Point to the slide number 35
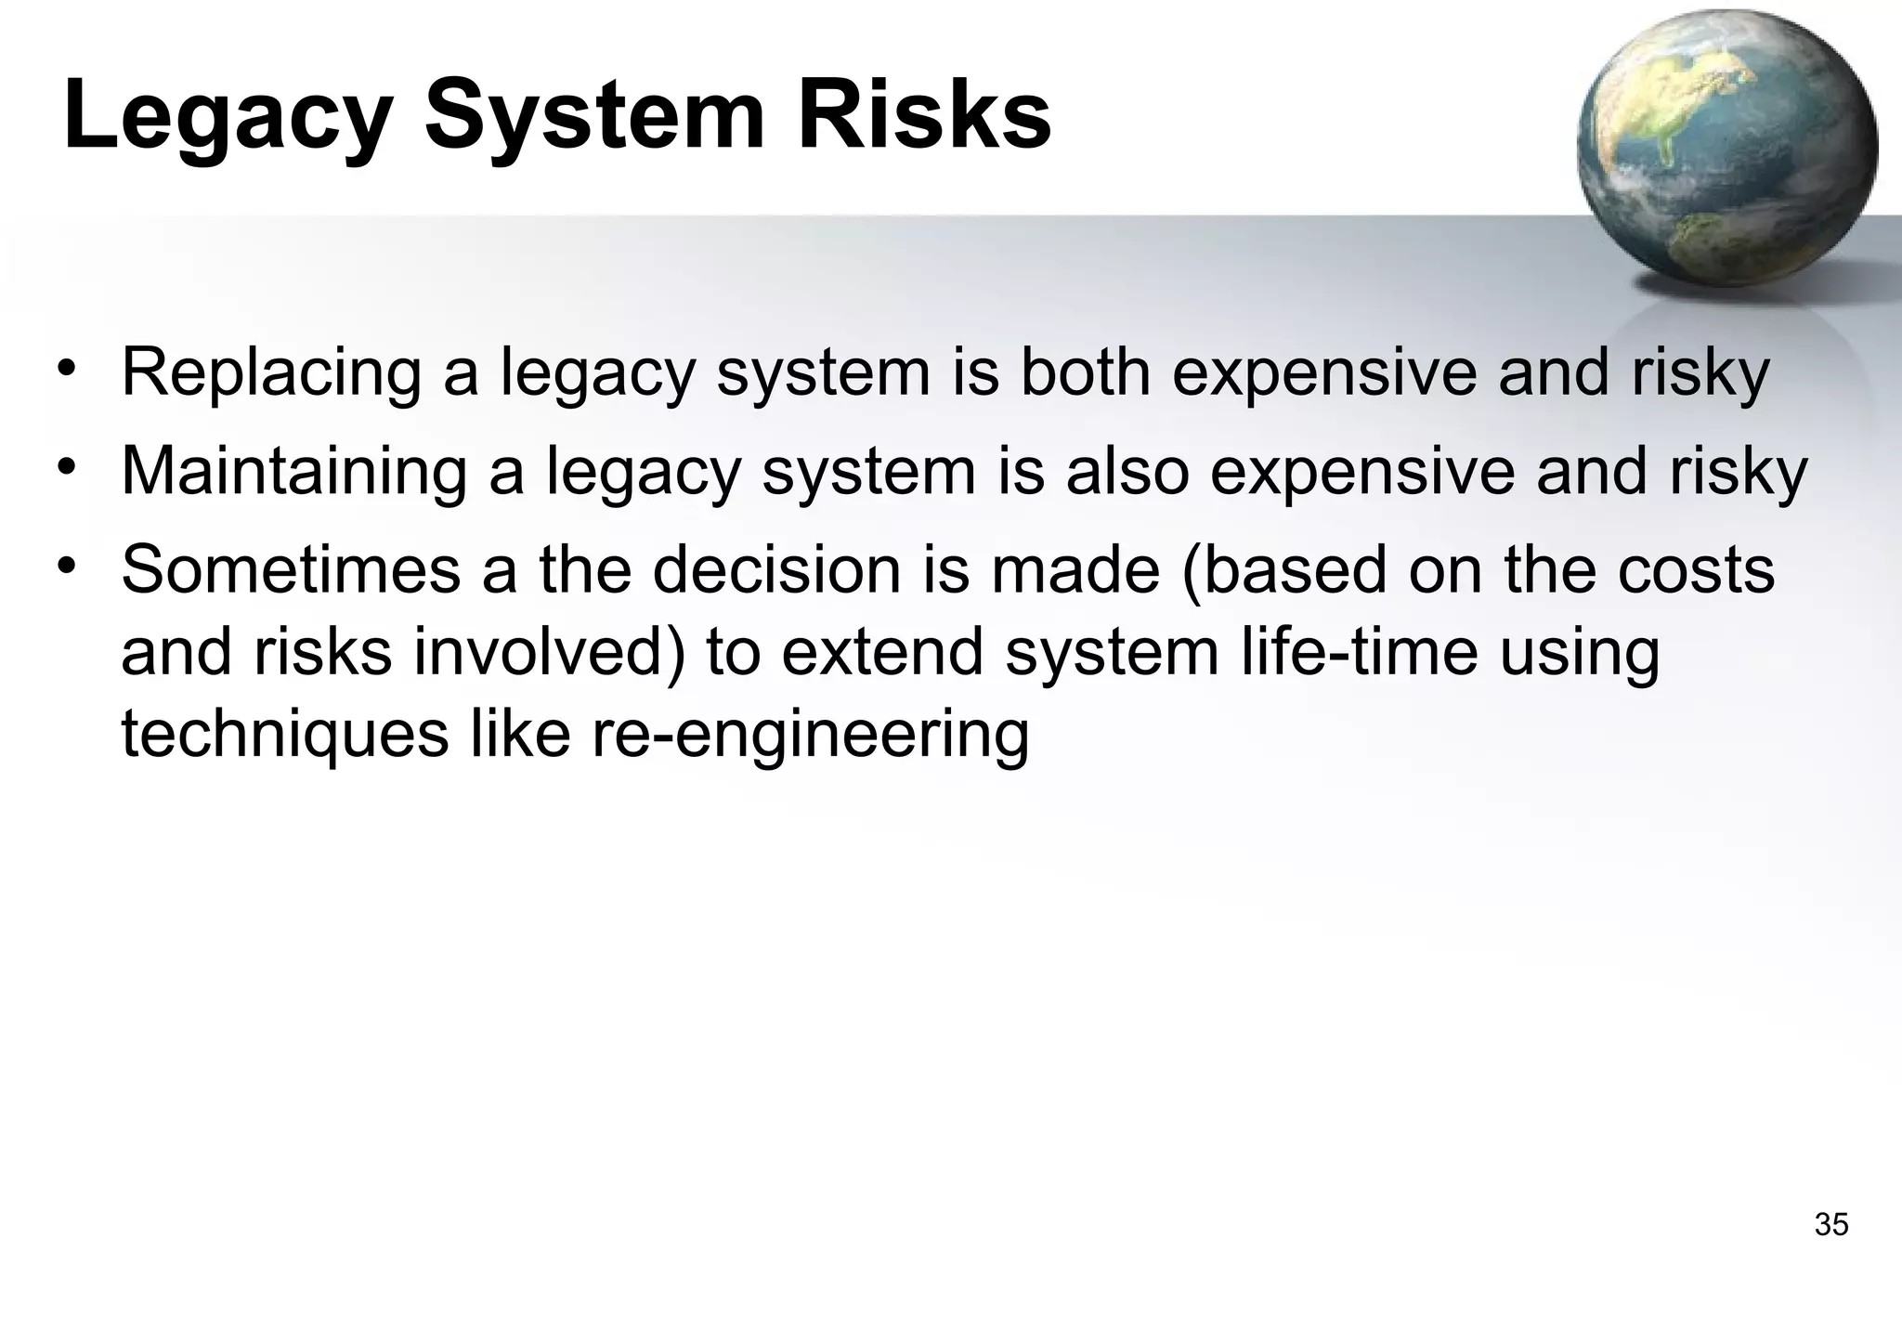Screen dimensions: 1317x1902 [x=1830, y=1224]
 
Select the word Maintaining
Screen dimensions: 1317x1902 [x=293, y=472]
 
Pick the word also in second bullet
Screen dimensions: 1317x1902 [x=1127, y=471]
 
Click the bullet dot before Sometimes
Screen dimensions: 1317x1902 [x=64, y=564]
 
